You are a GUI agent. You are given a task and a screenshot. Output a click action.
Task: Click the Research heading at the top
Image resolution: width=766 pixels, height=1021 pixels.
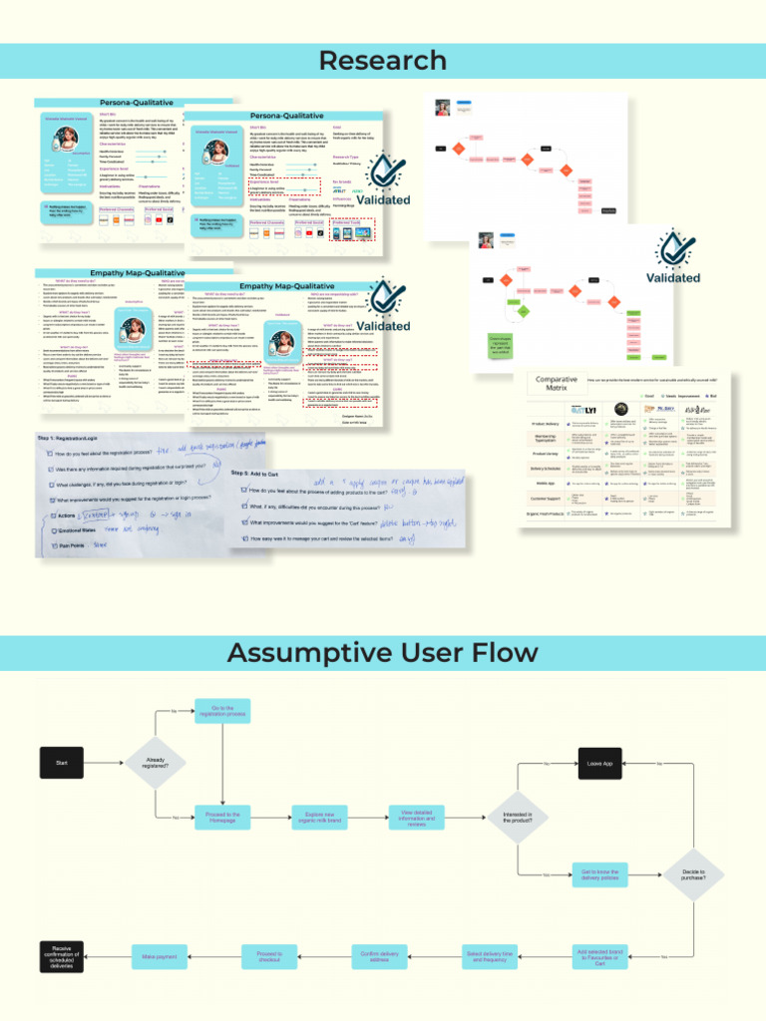[x=382, y=61]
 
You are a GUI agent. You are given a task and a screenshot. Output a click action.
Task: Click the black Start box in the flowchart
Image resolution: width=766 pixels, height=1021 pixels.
[x=61, y=764]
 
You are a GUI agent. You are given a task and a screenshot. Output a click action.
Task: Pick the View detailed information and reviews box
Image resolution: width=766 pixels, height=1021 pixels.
[x=416, y=817]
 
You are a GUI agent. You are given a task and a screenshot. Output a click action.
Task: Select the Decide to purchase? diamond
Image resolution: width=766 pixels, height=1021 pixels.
[x=693, y=874]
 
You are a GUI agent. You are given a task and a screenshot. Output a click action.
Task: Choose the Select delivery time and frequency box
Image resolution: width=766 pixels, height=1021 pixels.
[x=493, y=956]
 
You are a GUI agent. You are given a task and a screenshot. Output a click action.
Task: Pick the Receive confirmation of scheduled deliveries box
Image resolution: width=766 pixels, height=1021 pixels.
[x=61, y=956]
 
